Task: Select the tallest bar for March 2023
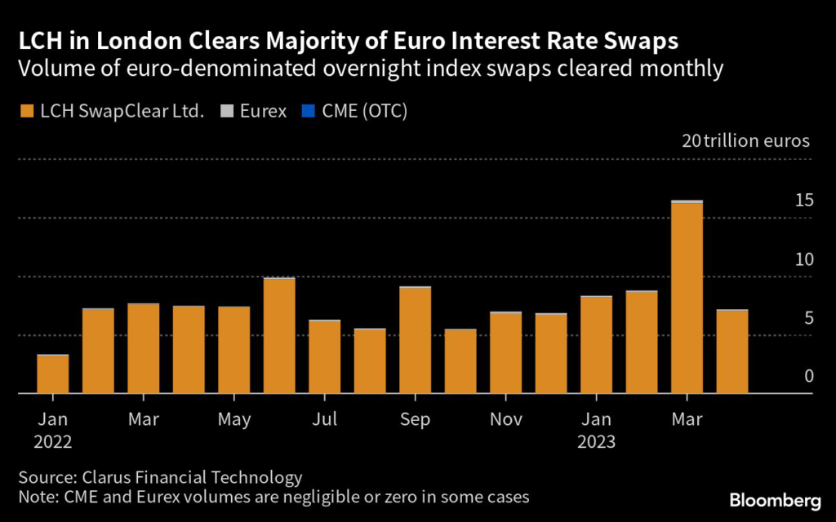pos(687,298)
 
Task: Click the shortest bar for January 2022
pos(53,374)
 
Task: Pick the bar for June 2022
pos(279,336)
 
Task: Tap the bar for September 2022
pos(415,341)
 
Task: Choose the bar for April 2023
pos(731,352)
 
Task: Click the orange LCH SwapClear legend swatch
pos(28,110)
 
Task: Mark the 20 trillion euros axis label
pos(745,140)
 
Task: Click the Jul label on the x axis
pos(324,421)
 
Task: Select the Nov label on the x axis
pos(505,421)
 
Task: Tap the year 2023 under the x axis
pos(596,443)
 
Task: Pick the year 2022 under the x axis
pos(53,443)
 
